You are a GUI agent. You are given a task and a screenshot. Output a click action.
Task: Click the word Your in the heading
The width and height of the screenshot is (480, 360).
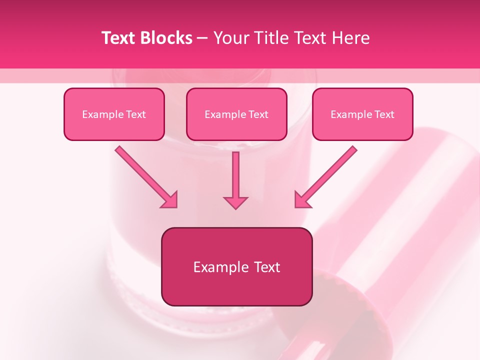point(229,38)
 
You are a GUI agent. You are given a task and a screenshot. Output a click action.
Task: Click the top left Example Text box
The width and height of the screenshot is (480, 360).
point(114,114)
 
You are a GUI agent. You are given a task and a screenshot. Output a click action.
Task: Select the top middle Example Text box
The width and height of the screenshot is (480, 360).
point(236,114)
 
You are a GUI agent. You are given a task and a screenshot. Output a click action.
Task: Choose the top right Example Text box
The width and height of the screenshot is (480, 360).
point(362,114)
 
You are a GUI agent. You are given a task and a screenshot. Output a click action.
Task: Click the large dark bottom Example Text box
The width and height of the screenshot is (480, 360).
point(236,266)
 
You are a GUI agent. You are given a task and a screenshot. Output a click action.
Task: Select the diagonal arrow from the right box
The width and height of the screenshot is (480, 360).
point(327,175)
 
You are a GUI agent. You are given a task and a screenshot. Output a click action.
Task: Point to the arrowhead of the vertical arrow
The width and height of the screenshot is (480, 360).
point(235,202)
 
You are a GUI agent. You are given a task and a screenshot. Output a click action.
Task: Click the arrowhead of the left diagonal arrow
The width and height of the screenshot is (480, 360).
point(170,200)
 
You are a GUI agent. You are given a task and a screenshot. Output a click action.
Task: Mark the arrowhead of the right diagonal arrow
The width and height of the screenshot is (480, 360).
point(302,200)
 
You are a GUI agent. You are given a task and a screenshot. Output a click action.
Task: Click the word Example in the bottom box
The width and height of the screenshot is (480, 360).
point(216,267)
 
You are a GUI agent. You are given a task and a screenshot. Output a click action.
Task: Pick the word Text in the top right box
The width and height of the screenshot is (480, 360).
point(384,114)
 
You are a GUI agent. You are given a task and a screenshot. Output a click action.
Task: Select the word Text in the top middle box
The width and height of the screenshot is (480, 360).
point(258,114)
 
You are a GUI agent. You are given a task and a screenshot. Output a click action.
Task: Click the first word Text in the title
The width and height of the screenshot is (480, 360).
point(118,38)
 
